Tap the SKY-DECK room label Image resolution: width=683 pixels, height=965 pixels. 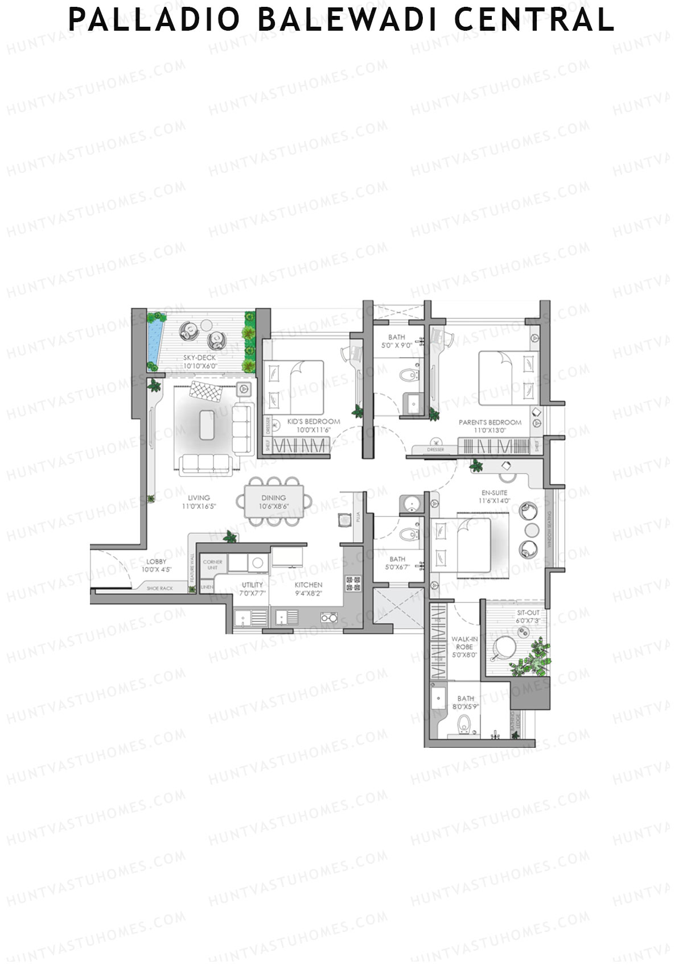tap(199, 358)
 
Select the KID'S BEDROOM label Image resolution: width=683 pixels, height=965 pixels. tap(314, 421)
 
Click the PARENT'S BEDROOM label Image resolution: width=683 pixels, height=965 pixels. tap(490, 423)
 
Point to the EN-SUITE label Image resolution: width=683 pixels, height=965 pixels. tap(494, 492)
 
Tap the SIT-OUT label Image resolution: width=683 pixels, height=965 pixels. tap(528, 613)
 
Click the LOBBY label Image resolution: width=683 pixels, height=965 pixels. tap(157, 561)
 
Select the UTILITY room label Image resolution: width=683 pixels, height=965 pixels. tap(252, 585)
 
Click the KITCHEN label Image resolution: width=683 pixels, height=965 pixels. tap(308, 585)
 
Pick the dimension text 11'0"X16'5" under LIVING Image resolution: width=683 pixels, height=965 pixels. tap(199, 506)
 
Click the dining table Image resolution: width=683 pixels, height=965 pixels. tap(278, 501)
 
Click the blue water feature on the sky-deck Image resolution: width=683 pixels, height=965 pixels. tap(153, 341)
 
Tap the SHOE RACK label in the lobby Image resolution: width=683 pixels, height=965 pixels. tap(159, 589)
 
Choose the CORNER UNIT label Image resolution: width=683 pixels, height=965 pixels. tap(212, 564)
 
